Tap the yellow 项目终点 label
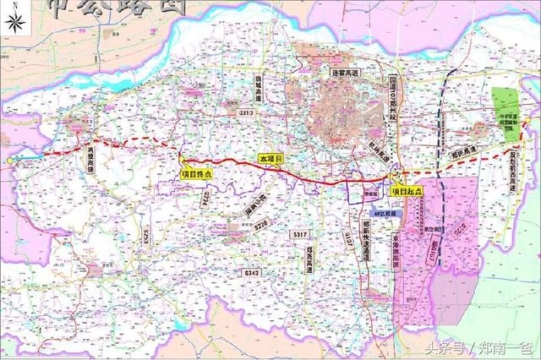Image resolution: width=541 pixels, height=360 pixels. (x=195, y=174)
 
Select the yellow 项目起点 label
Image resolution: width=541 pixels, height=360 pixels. (x=406, y=192)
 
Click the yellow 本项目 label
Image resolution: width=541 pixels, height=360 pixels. (x=269, y=159)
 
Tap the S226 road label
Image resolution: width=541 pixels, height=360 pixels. (x=261, y=225)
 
